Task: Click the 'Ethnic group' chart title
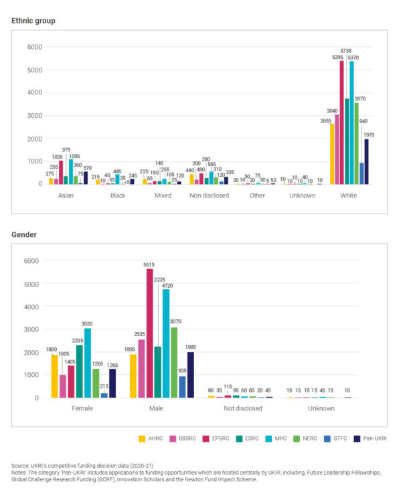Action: point(33,21)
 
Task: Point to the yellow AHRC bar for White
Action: point(332,154)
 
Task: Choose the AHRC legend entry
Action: point(153,438)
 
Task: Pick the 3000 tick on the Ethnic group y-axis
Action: point(33,116)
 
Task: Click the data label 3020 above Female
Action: point(87,323)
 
